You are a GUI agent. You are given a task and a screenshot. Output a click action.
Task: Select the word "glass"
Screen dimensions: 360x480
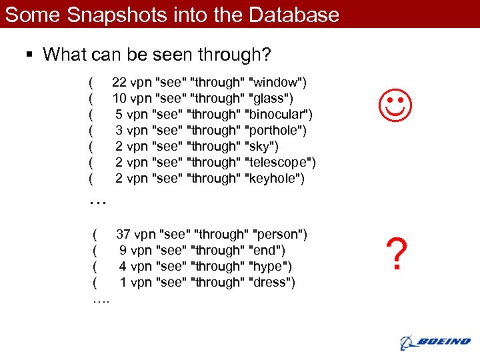pos(269,99)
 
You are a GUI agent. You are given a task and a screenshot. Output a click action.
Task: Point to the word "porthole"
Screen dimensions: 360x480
pos(275,131)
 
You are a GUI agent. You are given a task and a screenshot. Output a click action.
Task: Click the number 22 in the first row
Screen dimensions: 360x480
pos(119,83)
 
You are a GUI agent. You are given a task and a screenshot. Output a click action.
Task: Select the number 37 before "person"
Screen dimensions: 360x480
pos(123,235)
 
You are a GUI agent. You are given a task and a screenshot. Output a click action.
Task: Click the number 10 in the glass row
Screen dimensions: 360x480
pos(119,99)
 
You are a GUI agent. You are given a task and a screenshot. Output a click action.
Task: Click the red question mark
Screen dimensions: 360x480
pos(396,255)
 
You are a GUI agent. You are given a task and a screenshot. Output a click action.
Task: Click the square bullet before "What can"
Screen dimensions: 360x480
pos(31,55)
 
